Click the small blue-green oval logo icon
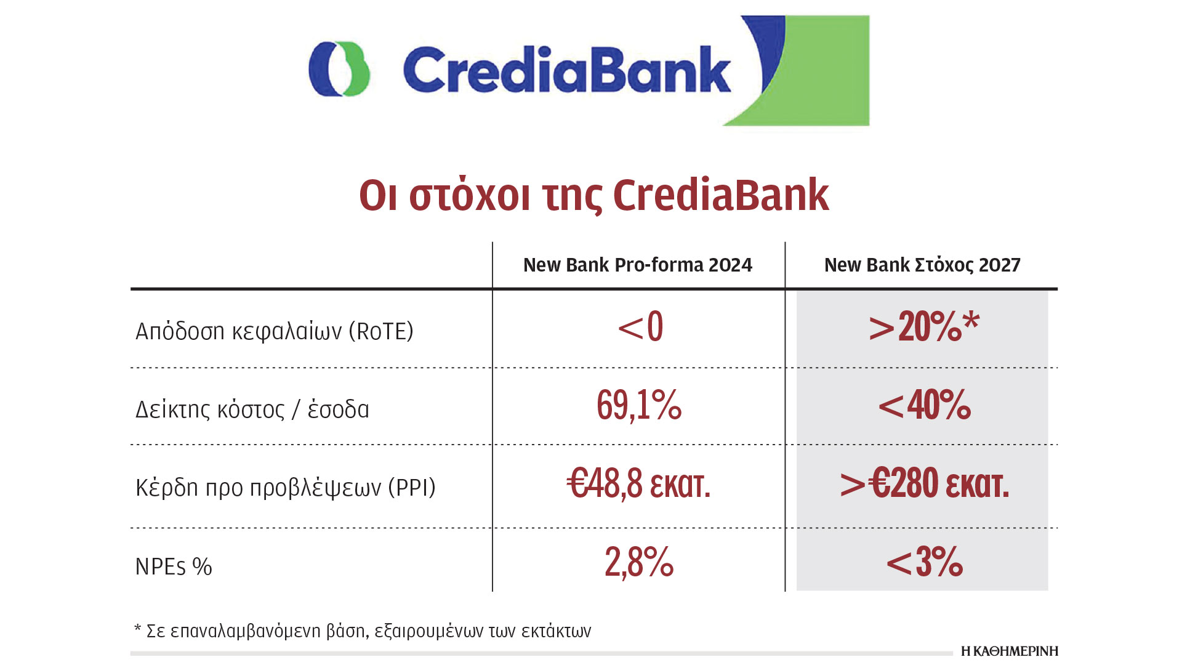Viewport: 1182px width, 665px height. tap(339, 69)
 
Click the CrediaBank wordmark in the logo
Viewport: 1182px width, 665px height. tap(567, 70)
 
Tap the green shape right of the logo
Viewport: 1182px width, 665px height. tap(806, 71)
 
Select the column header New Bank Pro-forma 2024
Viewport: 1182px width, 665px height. tap(638, 265)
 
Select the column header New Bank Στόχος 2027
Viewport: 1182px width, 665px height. tap(922, 265)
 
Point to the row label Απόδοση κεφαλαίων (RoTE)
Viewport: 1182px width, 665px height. tap(275, 331)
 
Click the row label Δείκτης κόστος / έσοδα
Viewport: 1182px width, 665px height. tap(252, 409)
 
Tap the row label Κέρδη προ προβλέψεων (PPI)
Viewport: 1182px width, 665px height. tap(286, 488)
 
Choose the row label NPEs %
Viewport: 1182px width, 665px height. tap(174, 566)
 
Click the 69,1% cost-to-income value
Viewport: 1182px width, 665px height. tap(639, 405)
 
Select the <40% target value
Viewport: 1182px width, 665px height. tap(924, 405)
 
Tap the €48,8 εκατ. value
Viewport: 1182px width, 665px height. tap(638, 483)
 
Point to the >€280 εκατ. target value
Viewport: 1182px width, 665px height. tap(925, 483)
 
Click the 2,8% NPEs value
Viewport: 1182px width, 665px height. tap(639, 562)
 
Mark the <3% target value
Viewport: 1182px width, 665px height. tap(924, 562)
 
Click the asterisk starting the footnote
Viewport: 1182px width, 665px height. tap(137, 629)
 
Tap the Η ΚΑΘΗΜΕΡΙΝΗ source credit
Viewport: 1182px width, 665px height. tap(1010, 651)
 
